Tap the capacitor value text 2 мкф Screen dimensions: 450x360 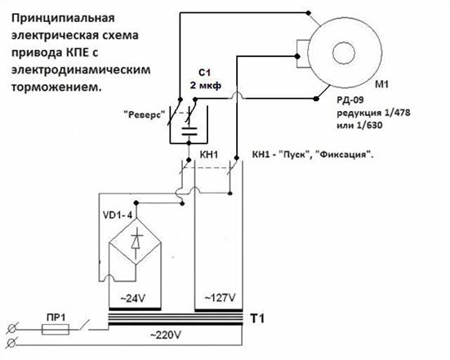(x=206, y=85)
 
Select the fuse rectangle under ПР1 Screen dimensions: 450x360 (x=56, y=330)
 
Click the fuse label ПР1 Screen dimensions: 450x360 (x=56, y=318)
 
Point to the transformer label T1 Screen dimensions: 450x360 (x=257, y=318)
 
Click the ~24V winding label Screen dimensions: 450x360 (x=132, y=299)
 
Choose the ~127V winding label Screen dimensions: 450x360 (x=220, y=298)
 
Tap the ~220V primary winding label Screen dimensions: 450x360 (x=166, y=335)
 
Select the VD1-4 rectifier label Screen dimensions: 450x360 (x=118, y=216)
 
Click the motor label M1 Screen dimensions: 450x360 (x=382, y=84)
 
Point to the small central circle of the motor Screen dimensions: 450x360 (x=344, y=52)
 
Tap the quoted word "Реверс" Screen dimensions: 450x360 (x=145, y=115)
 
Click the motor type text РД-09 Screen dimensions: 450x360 (x=350, y=100)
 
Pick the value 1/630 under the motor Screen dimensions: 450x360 (x=369, y=125)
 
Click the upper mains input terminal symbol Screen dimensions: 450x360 (x=11, y=329)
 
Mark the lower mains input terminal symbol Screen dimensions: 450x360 (x=11, y=343)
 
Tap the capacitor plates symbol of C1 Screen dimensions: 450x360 (x=189, y=131)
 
